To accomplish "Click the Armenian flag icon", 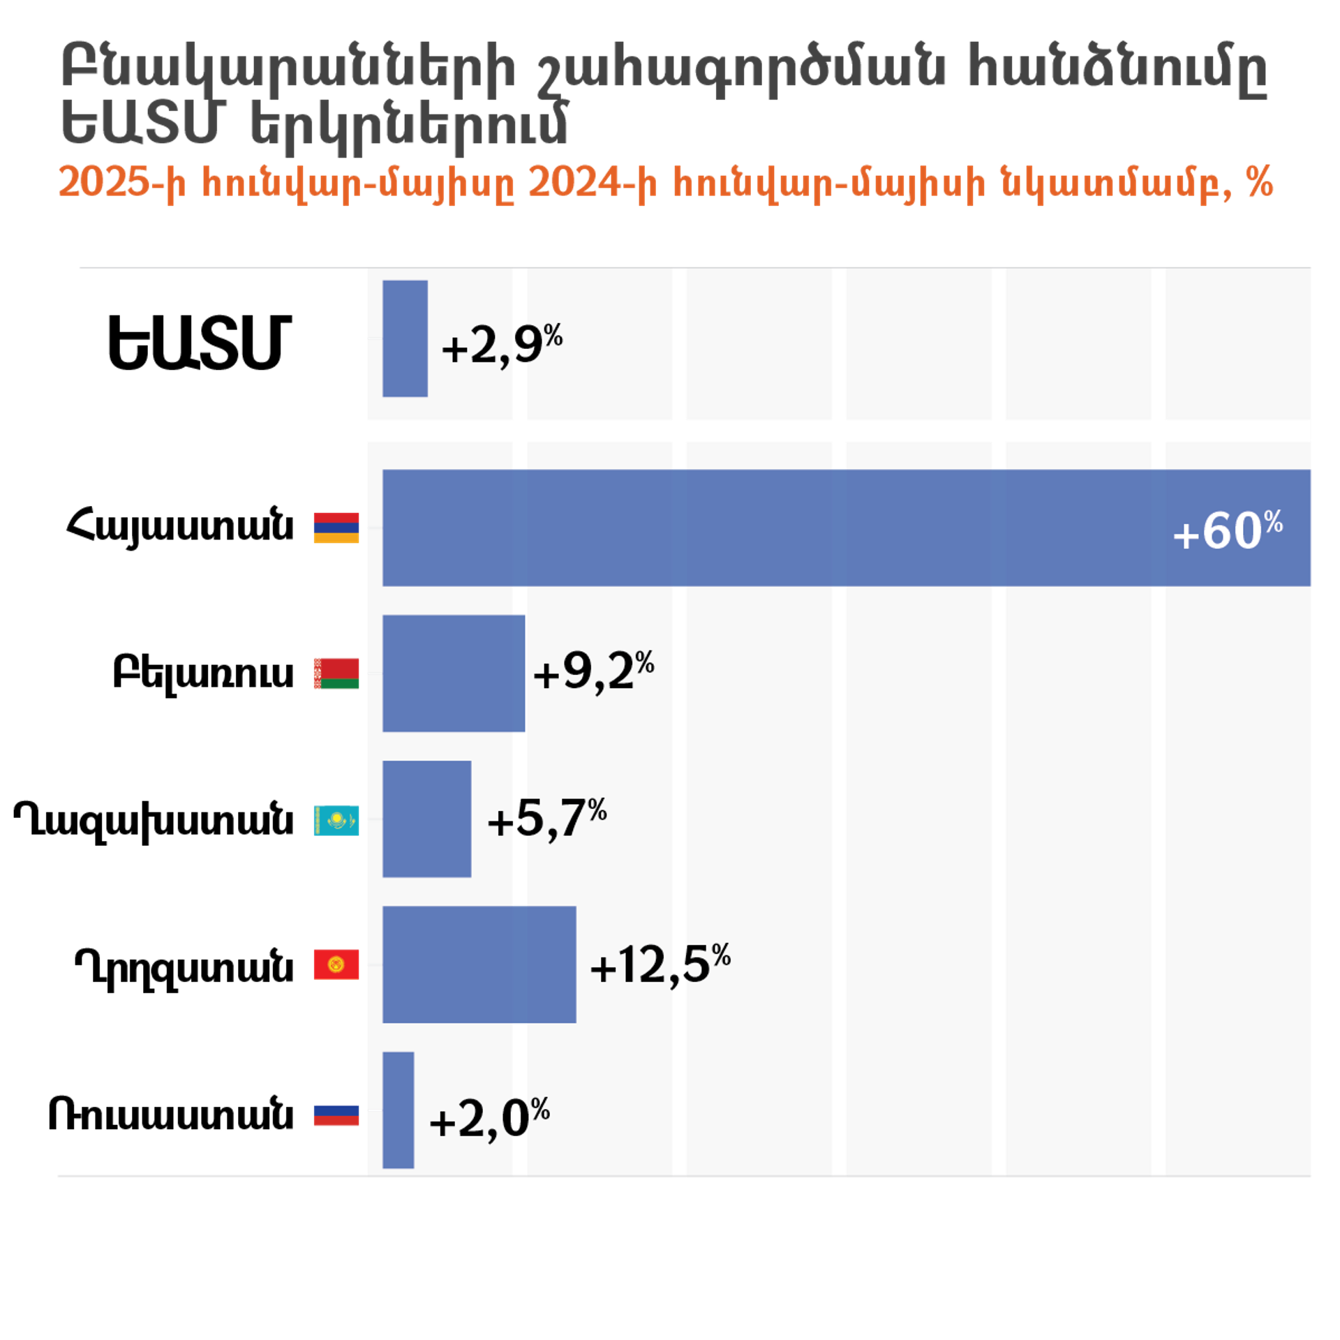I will point(336,528).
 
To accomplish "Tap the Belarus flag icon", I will point(336,673).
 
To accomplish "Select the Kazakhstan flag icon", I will point(336,819).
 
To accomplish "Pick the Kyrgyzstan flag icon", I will point(336,965).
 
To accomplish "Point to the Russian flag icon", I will point(336,1110).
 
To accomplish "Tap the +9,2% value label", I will point(593,671).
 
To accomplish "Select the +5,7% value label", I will point(547,818).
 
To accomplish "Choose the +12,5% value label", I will point(660,965).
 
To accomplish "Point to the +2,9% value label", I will point(502,344).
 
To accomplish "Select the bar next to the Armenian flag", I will point(768,528).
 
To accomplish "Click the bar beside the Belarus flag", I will point(454,673).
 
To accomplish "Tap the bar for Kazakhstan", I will point(426,819).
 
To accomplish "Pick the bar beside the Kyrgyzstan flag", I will point(479,965).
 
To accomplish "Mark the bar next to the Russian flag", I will point(398,1110).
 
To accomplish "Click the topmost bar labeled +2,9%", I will point(405,338).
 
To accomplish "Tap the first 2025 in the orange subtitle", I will point(103,183).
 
